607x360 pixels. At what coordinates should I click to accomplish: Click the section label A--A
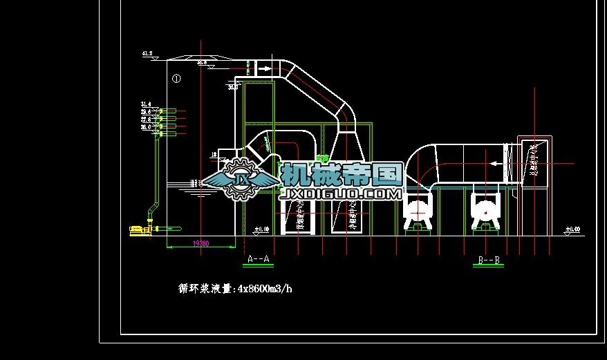coord(258,259)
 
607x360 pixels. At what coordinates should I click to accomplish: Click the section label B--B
coord(489,261)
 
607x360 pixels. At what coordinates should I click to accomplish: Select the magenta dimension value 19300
coord(200,244)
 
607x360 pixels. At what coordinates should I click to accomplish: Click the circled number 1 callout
coord(176,79)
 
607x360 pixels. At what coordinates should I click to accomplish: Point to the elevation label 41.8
coord(147,53)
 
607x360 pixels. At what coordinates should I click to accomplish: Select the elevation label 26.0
coord(146,127)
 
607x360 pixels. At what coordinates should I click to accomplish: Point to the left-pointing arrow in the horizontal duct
coord(494,164)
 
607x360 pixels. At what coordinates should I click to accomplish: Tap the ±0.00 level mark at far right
coord(572,229)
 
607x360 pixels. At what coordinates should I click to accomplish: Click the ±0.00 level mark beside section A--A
coord(262,229)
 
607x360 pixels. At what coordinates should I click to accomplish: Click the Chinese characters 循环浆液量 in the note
coord(203,289)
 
